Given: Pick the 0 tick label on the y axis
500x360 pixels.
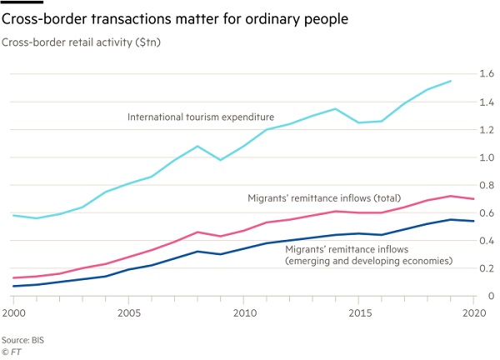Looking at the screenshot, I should click(x=492, y=296).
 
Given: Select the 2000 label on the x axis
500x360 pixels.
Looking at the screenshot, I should click(x=13, y=312).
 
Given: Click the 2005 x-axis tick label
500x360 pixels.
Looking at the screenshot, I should click(x=127, y=312).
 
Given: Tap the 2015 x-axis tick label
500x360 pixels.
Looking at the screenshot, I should click(x=359, y=312).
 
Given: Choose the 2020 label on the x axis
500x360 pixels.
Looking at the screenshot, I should click(x=472, y=312).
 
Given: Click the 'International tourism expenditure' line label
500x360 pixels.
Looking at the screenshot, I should click(x=200, y=117).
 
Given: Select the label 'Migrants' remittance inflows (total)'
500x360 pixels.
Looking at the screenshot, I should click(x=325, y=198).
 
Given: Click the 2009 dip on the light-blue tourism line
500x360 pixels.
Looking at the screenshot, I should click(x=220, y=160).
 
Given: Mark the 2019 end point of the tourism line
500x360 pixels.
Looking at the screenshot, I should click(x=451, y=81).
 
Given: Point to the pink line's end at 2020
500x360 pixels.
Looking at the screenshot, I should click(x=474, y=198).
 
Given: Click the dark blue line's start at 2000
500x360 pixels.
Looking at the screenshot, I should click(x=12, y=286).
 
